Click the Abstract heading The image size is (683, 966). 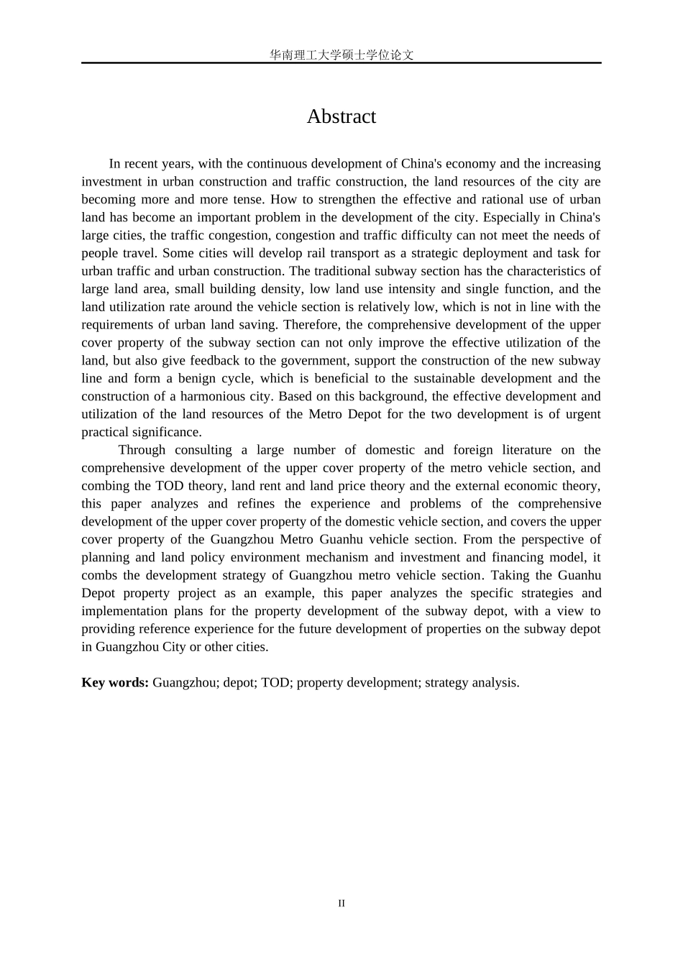[341, 116]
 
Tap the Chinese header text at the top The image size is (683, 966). [341, 55]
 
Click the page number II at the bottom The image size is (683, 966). [341, 903]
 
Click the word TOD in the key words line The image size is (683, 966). [275, 683]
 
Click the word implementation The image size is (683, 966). [123, 612]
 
